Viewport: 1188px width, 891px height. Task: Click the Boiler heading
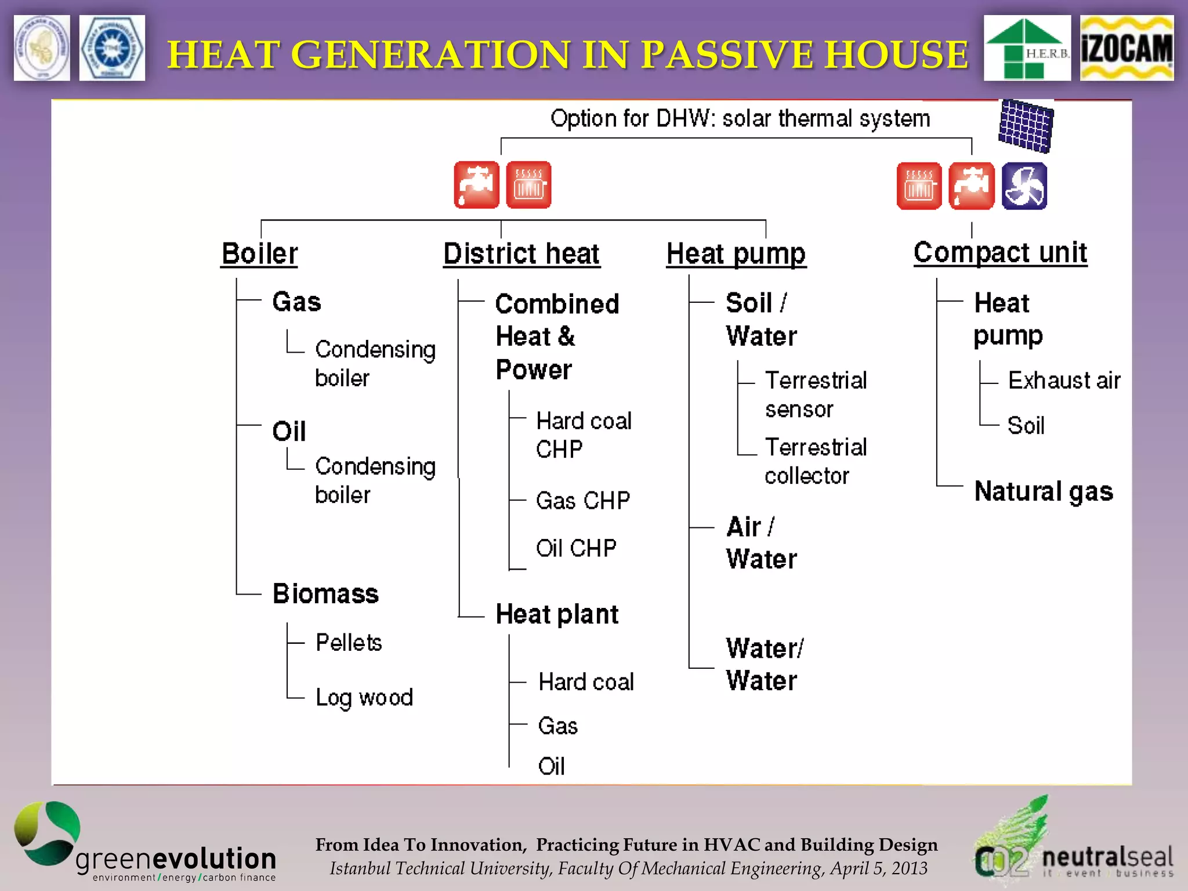pyautogui.click(x=259, y=254)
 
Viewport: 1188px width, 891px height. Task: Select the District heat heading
pyautogui.click(x=521, y=254)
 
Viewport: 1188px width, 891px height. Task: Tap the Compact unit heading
pyautogui.click(x=1000, y=253)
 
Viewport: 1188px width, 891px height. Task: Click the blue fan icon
pyautogui.click(x=1024, y=186)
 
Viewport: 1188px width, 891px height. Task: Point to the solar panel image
pyautogui.click(x=1026, y=126)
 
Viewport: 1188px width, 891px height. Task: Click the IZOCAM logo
pyautogui.click(x=1126, y=48)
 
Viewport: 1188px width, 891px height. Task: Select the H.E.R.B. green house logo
pyautogui.click(x=1027, y=48)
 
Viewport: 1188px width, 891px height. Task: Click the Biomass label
pyautogui.click(x=325, y=594)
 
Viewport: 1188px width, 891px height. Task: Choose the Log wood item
pyautogui.click(x=364, y=697)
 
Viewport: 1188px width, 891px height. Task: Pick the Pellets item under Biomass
pyautogui.click(x=349, y=643)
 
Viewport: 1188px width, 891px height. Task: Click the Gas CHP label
pyautogui.click(x=582, y=501)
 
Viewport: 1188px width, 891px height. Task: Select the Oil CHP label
pyautogui.click(x=576, y=548)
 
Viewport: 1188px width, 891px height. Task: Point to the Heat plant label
pyautogui.click(x=557, y=614)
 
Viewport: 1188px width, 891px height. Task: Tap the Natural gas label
pyautogui.click(x=1044, y=491)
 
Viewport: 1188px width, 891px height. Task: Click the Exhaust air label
pyautogui.click(x=1064, y=381)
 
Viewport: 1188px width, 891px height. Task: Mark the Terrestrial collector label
pyautogui.click(x=815, y=461)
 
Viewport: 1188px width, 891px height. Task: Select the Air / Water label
pyautogui.click(x=761, y=543)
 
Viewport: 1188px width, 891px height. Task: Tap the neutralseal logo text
pyautogui.click(x=1107, y=857)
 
